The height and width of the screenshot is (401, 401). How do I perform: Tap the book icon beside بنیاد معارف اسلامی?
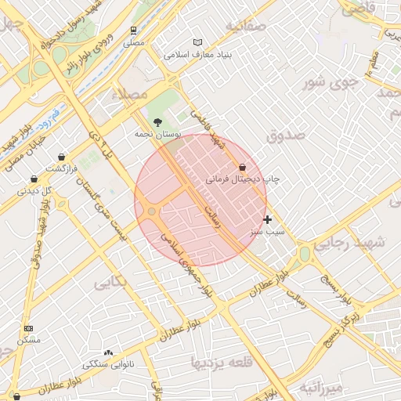(197, 42)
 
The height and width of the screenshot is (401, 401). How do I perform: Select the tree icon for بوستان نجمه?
(159, 122)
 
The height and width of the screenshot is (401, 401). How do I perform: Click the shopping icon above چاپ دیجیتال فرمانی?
(241, 167)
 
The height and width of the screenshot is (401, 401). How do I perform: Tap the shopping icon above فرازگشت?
(60, 157)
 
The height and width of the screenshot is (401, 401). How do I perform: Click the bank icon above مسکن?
(29, 328)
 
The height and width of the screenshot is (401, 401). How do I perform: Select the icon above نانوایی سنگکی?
(108, 353)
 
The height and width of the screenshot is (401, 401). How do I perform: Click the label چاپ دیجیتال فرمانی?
(243, 179)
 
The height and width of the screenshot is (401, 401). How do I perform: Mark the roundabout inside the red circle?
(151, 211)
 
